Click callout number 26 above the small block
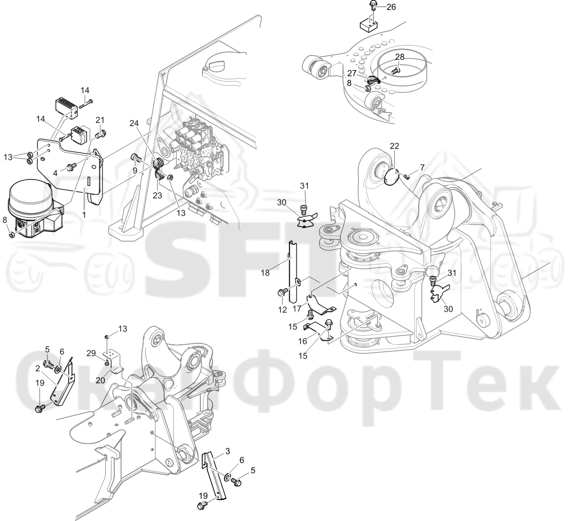(x=391, y=7)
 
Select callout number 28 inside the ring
(x=400, y=57)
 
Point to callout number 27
(x=352, y=73)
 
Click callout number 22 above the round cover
(x=394, y=146)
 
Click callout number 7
(x=422, y=167)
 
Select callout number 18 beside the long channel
(x=265, y=273)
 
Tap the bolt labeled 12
(x=281, y=293)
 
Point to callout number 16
(x=302, y=341)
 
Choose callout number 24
(x=134, y=124)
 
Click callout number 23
(x=157, y=195)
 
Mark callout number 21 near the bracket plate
(x=100, y=120)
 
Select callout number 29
(x=91, y=353)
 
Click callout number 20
(x=100, y=380)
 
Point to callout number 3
(x=228, y=452)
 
